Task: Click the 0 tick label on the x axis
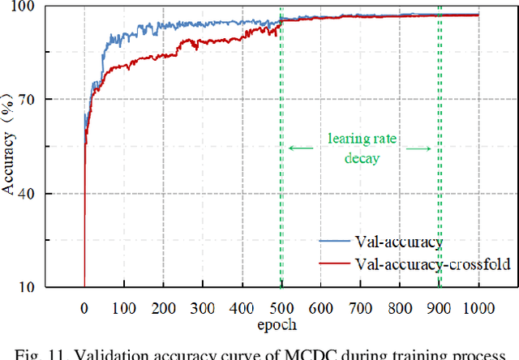pyautogui.click(x=84, y=307)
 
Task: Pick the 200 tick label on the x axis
pyautogui.click(x=163, y=307)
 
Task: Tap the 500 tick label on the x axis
pyautogui.click(x=281, y=307)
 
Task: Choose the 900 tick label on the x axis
pyautogui.click(x=439, y=307)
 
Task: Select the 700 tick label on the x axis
pyautogui.click(x=360, y=307)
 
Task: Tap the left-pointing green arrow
pyautogui.click(x=300, y=148)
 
